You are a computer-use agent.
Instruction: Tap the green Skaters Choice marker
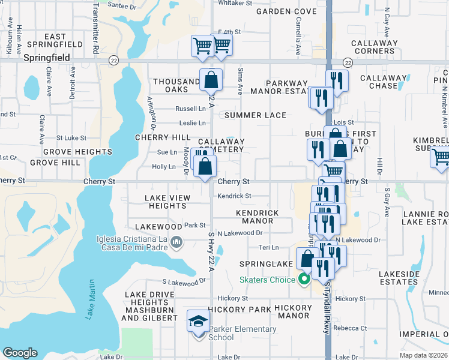coord(304,279)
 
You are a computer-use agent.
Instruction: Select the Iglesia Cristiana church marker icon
coord(176,242)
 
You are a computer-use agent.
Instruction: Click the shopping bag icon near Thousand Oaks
coord(211,80)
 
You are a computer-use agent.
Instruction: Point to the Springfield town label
coord(47,58)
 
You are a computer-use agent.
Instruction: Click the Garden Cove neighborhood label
coord(278,11)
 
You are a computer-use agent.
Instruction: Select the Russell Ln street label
coord(190,109)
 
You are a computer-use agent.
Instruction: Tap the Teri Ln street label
coord(268,247)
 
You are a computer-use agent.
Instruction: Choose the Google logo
coord(20,353)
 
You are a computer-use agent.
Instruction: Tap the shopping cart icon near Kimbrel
coord(441,157)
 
